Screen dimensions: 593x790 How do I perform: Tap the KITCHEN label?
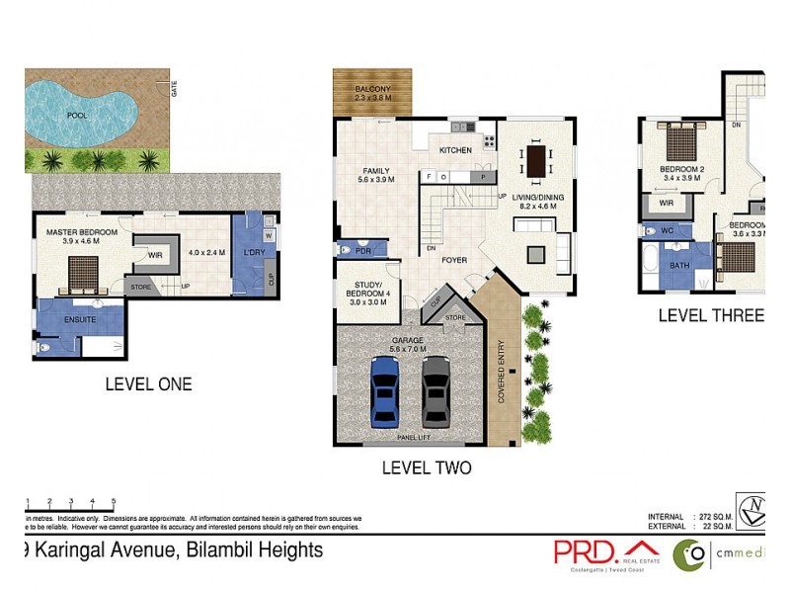click(455, 149)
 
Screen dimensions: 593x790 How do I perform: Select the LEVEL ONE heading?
click(148, 383)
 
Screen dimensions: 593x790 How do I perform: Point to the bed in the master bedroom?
click(82, 271)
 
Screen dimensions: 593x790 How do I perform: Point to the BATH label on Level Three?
click(679, 265)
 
